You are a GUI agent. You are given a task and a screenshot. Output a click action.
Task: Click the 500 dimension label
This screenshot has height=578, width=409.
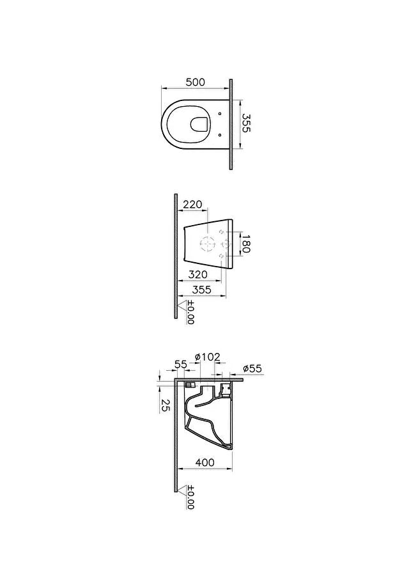point(196,82)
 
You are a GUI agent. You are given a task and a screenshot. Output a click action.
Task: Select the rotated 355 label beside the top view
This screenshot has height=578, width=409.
point(246,123)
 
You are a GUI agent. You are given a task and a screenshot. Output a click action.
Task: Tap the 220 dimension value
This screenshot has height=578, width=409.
point(192,204)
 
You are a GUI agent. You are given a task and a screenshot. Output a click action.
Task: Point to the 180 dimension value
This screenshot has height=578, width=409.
point(246,244)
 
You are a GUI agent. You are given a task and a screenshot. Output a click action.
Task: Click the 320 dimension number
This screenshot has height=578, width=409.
point(198,274)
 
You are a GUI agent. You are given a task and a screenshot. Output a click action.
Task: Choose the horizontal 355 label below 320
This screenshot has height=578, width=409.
point(202,290)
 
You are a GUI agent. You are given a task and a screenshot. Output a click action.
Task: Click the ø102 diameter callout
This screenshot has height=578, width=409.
point(208,357)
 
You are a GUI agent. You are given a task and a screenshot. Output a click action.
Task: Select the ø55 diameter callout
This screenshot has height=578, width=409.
point(252,368)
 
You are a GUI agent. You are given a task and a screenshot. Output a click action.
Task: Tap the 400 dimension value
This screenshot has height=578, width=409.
point(205,462)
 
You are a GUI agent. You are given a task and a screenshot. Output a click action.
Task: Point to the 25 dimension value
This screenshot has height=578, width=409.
point(165,406)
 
